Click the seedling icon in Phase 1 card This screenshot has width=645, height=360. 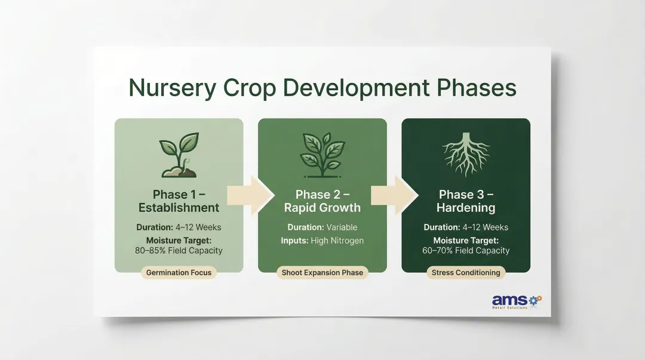(179, 157)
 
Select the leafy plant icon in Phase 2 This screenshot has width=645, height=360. (322, 156)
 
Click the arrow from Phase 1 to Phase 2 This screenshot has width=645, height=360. (250, 195)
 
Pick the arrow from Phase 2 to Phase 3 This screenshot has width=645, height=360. (394, 195)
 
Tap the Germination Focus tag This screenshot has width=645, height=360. (179, 273)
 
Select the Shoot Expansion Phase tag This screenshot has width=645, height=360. (322, 273)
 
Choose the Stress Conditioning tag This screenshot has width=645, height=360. (466, 273)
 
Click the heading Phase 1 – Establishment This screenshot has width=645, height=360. (179, 201)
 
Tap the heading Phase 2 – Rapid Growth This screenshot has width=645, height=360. (322, 201)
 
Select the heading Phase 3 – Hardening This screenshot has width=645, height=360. (466, 201)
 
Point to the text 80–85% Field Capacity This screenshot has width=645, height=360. (179, 251)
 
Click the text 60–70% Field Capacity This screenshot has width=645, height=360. (466, 251)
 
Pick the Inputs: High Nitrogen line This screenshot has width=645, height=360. (322, 241)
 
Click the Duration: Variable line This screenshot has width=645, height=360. (322, 227)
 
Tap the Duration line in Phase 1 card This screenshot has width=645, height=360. (179, 227)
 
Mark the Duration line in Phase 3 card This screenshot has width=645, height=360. (466, 227)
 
